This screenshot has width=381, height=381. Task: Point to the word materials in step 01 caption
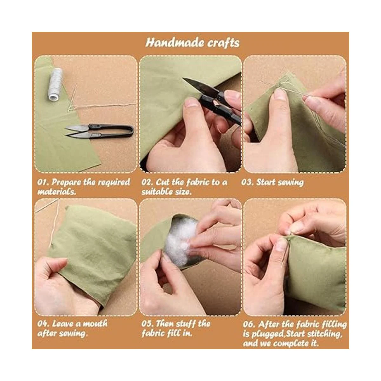pyautogui.click(x=56, y=192)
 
